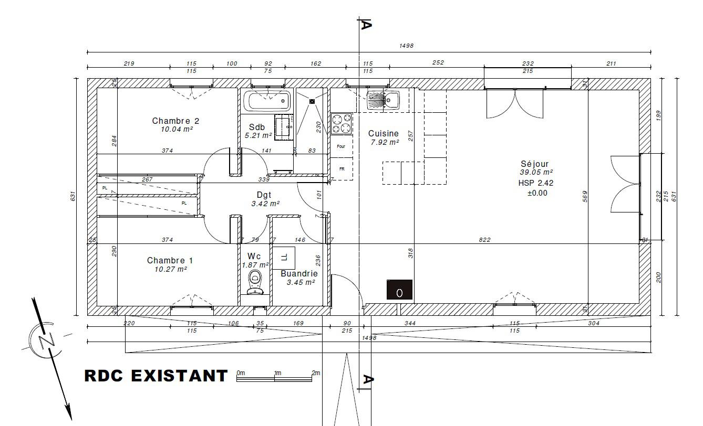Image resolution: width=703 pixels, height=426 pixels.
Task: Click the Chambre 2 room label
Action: [x=175, y=121]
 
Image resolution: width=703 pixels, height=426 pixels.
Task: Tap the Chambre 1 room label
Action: [x=170, y=260]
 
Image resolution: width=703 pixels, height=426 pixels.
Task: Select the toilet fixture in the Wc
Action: [x=255, y=283]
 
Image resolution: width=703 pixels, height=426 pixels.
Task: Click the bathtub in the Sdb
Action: [x=267, y=101]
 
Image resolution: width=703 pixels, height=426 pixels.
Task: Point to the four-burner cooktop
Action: [x=342, y=124]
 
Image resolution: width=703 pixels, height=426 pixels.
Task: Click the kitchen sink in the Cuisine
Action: [x=383, y=100]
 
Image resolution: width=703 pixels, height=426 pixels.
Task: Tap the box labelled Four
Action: [x=341, y=146]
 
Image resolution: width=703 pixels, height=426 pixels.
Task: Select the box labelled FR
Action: [x=342, y=169]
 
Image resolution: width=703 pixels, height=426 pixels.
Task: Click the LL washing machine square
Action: [x=284, y=258]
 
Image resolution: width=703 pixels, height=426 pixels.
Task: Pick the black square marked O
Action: [x=399, y=289]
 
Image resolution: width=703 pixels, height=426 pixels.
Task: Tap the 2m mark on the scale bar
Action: [x=316, y=373]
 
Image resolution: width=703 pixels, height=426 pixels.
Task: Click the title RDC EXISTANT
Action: [x=156, y=376]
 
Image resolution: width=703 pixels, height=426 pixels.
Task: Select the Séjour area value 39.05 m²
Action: [x=536, y=172]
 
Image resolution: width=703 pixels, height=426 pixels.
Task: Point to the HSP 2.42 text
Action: [x=536, y=183]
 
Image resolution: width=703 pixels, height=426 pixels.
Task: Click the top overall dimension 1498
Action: [x=407, y=46]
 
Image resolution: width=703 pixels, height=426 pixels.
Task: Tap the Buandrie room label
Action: [x=299, y=273]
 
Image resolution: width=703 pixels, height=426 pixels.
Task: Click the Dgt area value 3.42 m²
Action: [x=265, y=204]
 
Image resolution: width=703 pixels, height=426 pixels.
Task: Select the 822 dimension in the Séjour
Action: [x=484, y=240]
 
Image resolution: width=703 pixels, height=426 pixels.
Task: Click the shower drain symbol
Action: [x=312, y=101]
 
